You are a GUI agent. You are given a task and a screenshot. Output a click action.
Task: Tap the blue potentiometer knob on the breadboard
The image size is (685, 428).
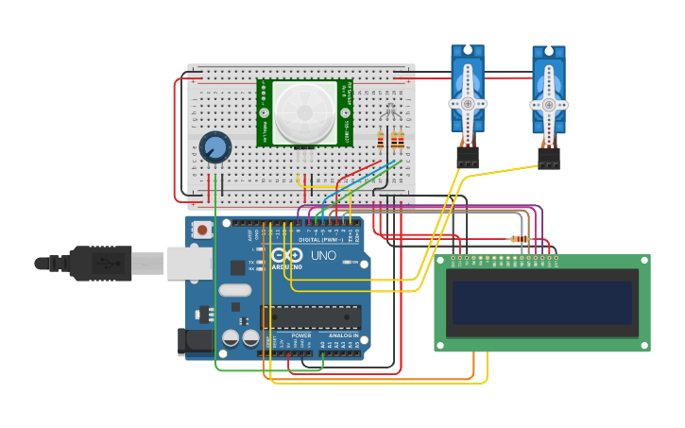(215, 147)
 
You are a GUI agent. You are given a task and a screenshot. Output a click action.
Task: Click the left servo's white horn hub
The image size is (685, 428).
(467, 104)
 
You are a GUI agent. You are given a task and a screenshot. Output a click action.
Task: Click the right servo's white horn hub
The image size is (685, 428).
(549, 105)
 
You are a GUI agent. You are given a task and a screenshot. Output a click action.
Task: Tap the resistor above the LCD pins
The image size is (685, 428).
(519, 239)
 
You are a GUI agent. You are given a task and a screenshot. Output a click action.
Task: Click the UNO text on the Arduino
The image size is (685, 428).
(323, 255)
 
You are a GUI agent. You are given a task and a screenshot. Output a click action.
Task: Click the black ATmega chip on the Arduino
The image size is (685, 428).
(311, 317)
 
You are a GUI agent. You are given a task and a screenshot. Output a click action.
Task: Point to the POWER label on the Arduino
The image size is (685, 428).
(301, 335)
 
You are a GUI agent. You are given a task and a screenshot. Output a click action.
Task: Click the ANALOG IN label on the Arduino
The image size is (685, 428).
(344, 335)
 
